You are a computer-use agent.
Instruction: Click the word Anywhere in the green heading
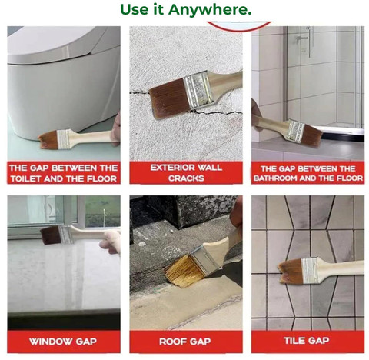click(210, 10)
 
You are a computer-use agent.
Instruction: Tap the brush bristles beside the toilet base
click(48, 140)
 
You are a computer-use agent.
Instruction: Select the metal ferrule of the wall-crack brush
click(199, 90)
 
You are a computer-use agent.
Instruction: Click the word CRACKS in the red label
click(186, 178)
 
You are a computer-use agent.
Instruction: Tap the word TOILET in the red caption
click(25, 178)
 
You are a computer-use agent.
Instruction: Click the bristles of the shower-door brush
click(312, 136)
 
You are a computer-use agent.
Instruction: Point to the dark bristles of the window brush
click(51, 235)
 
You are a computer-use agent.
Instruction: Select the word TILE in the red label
click(294, 341)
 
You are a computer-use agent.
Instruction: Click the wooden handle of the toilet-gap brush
click(92, 137)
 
